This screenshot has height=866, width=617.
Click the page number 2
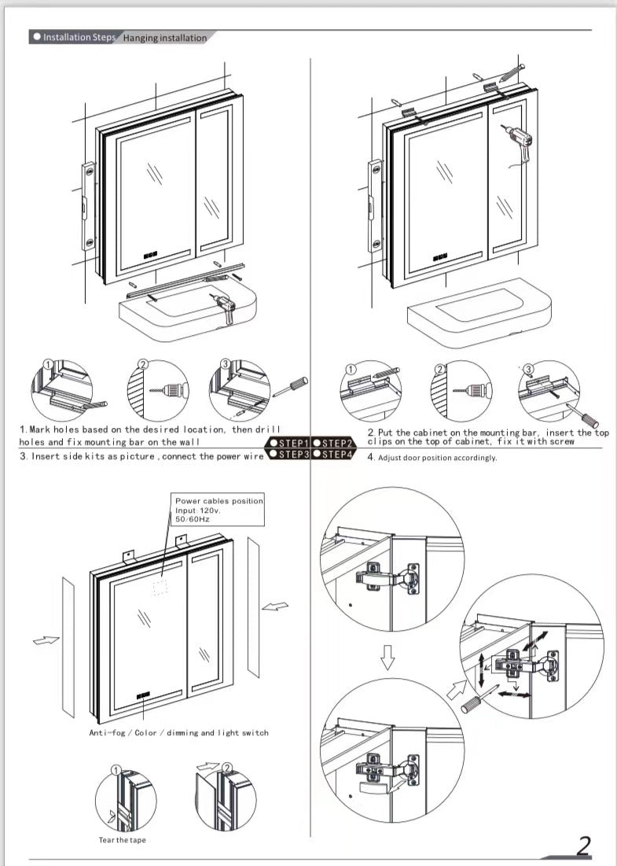tap(583, 846)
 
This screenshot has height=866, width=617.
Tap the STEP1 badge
tap(290, 443)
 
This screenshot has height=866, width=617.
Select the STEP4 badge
tap(334, 454)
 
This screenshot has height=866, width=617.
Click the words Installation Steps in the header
tap(79, 37)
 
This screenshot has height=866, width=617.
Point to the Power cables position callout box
tap(219, 510)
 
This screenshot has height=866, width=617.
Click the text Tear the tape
tap(122, 840)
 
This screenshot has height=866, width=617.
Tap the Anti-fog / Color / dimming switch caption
tap(178, 733)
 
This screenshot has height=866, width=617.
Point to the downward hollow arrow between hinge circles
tap(386, 658)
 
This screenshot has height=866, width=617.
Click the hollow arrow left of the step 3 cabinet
tap(46, 640)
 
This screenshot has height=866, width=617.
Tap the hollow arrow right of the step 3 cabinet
tap(275, 606)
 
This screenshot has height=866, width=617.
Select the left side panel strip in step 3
tap(68, 646)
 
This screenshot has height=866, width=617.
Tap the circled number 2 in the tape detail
tap(228, 768)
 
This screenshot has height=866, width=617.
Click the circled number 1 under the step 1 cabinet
tap(48, 364)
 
